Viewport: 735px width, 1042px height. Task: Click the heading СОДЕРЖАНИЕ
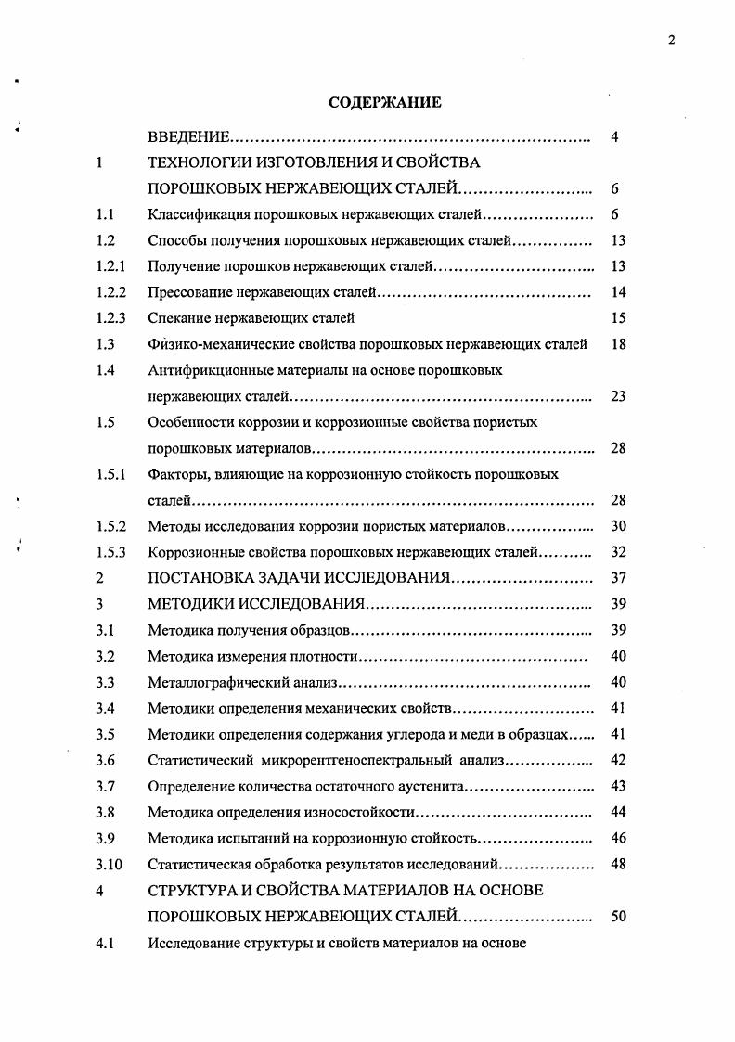(385, 103)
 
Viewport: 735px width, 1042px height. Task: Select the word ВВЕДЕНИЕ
(188, 138)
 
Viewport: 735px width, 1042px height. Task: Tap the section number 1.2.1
(110, 266)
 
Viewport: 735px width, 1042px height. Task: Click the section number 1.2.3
(110, 318)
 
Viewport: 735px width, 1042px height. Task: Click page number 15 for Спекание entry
(620, 318)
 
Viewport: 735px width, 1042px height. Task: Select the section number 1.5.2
(110, 526)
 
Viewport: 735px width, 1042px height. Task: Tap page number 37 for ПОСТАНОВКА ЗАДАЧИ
(620, 578)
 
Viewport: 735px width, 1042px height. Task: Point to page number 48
(620, 864)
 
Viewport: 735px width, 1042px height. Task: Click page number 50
(620, 916)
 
